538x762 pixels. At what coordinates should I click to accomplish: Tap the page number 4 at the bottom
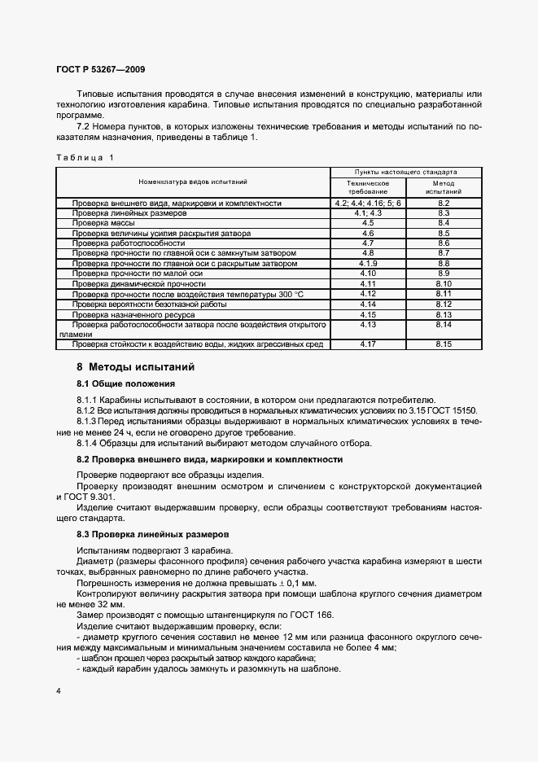point(59,690)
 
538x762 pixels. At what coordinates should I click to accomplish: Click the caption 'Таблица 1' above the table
point(85,157)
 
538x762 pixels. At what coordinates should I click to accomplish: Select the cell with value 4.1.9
point(367,264)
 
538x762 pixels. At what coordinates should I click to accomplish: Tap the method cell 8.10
point(444,283)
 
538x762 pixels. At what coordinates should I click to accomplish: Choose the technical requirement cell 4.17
point(367,344)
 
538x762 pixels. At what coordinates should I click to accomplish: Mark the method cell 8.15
point(444,344)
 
